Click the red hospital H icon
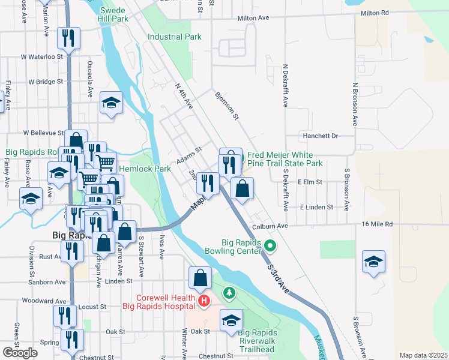pyautogui.click(x=204, y=300)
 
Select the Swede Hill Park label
pyautogui.click(x=114, y=15)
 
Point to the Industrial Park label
pyautogui.click(x=174, y=37)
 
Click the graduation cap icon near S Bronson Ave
pyautogui.click(x=373, y=262)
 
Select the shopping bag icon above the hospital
pyautogui.click(x=200, y=278)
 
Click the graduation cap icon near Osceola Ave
pyautogui.click(x=112, y=103)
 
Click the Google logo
pyautogui.click(x=20, y=353)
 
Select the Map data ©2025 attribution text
pyautogui.click(x=423, y=355)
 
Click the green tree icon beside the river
pyautogui.click(x=228, y=293)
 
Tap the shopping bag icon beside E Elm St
pyautogui.click(x=242, y=188)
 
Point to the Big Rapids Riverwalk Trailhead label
pyautogui.click(x=257, y=340)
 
